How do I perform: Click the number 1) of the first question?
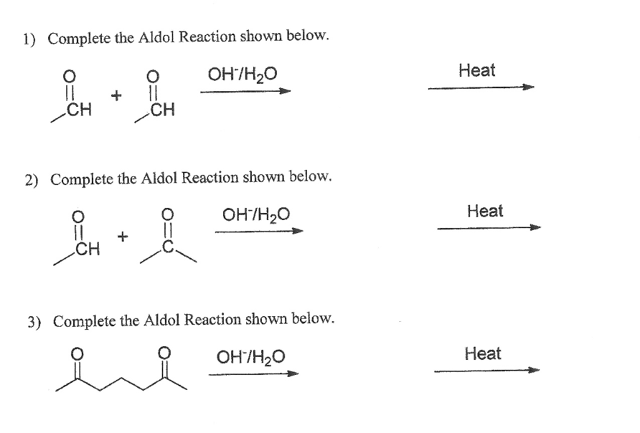[x=29, y=39]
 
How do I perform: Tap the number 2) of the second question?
[x=31, y=181]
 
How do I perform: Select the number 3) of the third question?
[x=34, y=322]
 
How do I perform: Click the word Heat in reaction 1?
[x=476, y=71]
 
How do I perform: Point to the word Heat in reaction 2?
[x=485, y=211]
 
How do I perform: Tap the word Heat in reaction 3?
[x=482, y=354]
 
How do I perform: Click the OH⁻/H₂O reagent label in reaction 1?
[x=242, y=77]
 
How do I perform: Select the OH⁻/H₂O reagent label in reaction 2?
[x=256, y=217]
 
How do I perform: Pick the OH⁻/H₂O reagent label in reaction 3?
[x=251, y=357]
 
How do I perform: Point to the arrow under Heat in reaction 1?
[x=481, y=88]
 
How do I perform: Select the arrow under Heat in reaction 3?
[x=486, y=371]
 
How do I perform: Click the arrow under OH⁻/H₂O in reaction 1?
[x=246, y=92]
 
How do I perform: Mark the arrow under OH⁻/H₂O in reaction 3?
[x=253, y=374]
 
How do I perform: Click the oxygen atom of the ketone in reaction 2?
[x=167, y=214]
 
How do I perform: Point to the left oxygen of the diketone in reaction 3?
[x=77, y=354]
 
